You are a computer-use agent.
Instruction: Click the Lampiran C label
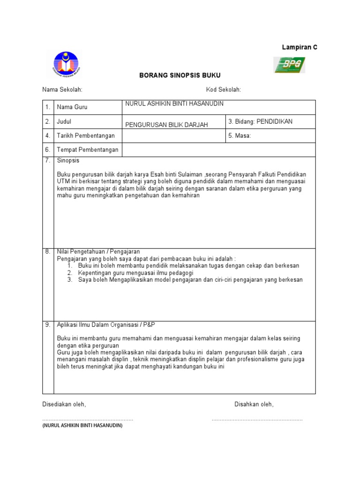tap(300, 47)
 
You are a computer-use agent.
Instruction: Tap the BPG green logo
tap(289, 65)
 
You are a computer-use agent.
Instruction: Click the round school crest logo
tap(66, 64)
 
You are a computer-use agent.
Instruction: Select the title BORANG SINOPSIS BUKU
tap(180, 75)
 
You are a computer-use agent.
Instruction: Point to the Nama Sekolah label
tap(62, 90)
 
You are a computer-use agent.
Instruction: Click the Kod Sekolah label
tap(224, 90)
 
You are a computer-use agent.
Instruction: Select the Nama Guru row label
tap(72, 107)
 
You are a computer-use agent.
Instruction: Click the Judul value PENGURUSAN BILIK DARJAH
tap(166, 124)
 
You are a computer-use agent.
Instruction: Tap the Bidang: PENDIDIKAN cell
tap(260, 121)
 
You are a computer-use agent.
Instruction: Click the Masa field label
tap(240, 136)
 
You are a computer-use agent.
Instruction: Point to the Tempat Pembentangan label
tap(88, 150)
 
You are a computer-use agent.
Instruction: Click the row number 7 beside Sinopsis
tap(48, 160)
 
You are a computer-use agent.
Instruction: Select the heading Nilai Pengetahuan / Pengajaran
tap(98, 252)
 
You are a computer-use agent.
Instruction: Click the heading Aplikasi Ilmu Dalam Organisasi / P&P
tap(107, 324)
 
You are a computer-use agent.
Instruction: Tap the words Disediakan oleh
tap(64, 404)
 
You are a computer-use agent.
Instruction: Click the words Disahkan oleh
tap(254, 404)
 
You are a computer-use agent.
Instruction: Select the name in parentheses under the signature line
tap(82, 426)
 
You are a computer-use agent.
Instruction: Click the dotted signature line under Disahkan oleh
tap(257, 420)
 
